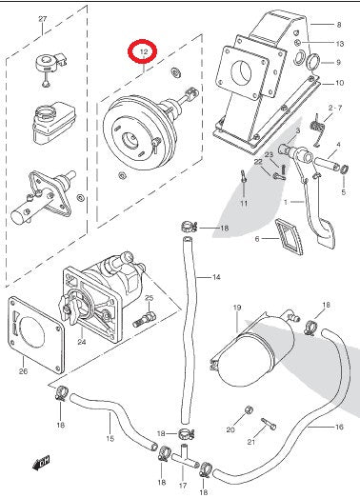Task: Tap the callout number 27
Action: [x=41, y=19]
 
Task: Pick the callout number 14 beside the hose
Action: [x=216, y=278]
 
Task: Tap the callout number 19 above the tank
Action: [x=238, y=308]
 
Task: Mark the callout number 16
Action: [x=339, y=428]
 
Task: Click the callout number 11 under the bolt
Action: [x=243, y=204]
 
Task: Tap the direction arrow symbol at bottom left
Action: [x=41, y=463]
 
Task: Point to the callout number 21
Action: [x=252, y=442]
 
